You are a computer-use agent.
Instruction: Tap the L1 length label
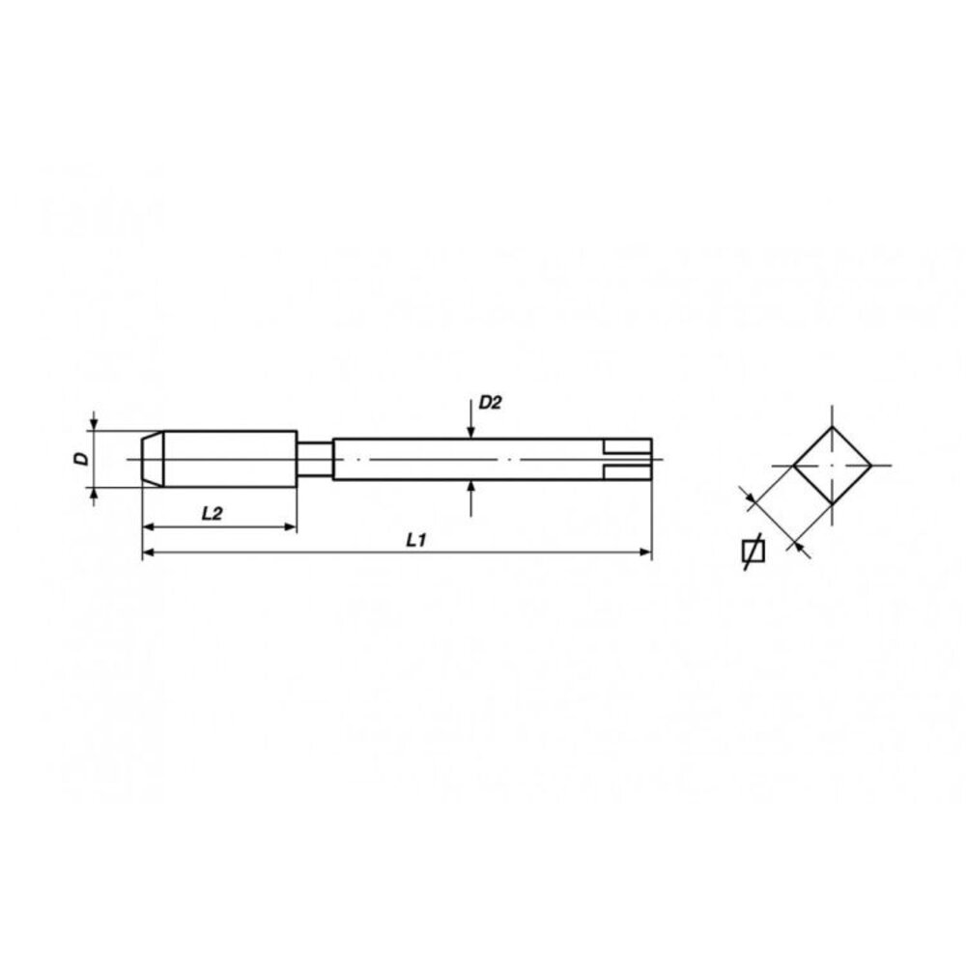click(x=416, y=541)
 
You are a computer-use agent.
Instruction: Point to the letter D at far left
click(x=83, y=459)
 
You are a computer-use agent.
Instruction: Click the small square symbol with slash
click(x=752, y=551)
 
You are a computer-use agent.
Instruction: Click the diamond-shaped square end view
click(x=832, y=466)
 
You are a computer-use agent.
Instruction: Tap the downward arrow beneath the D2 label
click(x=470, y=429)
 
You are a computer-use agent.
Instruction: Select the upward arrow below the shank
click(x=470, y=489)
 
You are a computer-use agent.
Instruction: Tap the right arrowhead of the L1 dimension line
click(x=645, y=553)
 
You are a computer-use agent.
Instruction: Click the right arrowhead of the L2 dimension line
click(x=289, y=526)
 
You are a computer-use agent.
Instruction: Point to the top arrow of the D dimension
click(x=94, y=423)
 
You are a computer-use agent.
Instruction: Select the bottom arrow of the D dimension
click(x=94, y=494)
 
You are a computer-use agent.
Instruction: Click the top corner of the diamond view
click(x=832, y=427)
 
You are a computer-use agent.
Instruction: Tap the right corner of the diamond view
click(x=871, y=466)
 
